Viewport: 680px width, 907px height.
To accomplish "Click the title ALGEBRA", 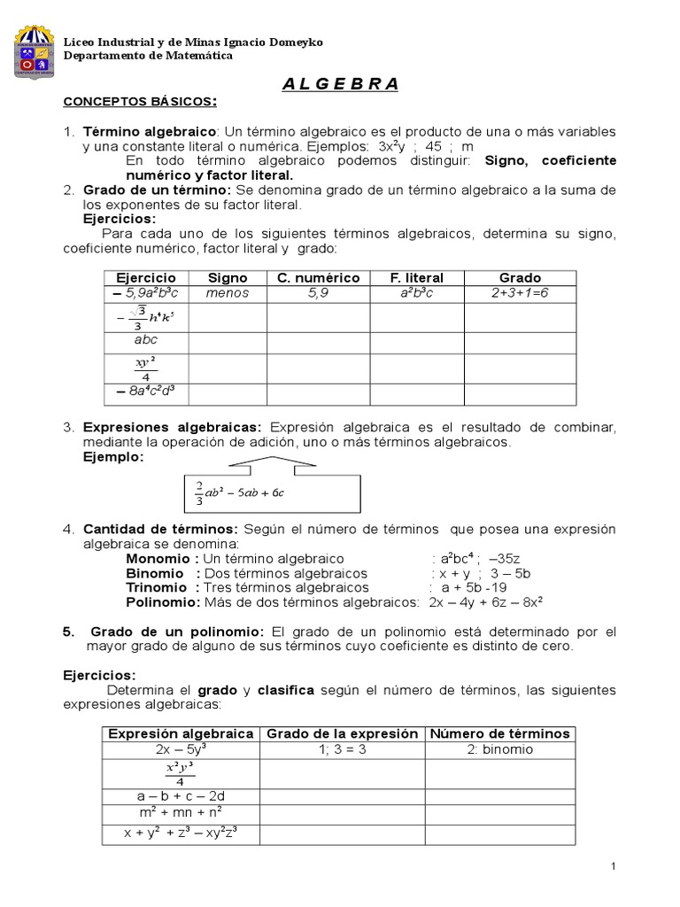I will click(x=340, y=84).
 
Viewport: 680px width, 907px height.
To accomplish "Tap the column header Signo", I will click(x=227, y=278).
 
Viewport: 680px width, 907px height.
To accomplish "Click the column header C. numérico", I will click(x=318, y=278).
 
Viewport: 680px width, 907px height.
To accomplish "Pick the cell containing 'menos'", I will click(x=227, y=293).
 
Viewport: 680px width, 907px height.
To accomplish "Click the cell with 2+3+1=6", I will click(x=520, y=293).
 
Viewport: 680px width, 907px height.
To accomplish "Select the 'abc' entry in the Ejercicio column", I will click(x=146, y=338).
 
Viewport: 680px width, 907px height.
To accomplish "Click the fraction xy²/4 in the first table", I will click(x=146, y=365).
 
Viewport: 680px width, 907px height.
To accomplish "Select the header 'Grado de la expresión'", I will click(x=342, y=733).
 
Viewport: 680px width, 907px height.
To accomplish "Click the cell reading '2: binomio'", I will click(x=499, y=748).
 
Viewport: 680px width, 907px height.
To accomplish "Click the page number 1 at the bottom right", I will click(x=613, y=865).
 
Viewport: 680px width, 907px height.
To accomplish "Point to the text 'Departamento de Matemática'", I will click(x=148, y=56).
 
